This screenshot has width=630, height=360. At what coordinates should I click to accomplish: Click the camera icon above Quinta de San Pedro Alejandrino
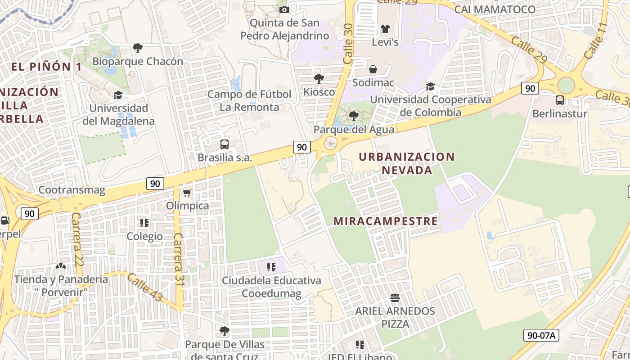click(284, 9)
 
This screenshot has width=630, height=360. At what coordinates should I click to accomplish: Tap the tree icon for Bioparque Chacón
click(138, 48)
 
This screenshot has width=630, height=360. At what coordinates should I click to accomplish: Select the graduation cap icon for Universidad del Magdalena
click(118, 95)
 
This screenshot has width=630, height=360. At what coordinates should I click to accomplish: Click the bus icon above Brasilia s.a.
click(225, 144)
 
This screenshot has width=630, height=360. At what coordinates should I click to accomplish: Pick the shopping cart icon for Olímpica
click(187, 193)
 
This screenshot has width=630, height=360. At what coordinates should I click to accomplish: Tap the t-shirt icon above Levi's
click(385, 29)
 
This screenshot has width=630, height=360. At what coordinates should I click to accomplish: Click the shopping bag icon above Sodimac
click(373, 69)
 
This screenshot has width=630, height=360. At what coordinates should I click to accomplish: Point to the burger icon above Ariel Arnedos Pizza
click(395, 297)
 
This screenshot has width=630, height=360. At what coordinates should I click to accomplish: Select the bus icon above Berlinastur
click(560, 100)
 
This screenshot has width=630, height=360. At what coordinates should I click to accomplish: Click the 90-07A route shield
click(541, 335)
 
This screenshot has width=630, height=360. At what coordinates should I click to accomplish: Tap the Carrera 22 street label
click(76, 238)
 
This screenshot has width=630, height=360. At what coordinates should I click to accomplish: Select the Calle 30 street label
click(348, 44)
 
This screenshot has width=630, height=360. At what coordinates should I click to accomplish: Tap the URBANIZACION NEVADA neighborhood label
click(407, 163)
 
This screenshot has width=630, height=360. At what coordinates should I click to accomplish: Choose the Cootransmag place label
click(72, 190)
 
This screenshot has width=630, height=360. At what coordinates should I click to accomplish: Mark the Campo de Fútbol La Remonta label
click(249, 101)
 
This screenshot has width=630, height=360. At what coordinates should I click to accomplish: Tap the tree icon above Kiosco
click(319, 79)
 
